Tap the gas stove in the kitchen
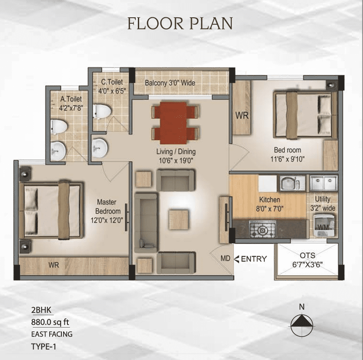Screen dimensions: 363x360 262,229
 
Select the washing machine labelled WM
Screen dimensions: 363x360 324,225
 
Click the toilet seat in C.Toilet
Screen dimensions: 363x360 102,112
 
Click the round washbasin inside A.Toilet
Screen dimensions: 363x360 58,151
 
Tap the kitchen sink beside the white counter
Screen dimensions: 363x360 290,183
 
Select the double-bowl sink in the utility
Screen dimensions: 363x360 324,183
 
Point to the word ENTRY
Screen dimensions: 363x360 254,259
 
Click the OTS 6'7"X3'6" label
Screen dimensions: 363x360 307,260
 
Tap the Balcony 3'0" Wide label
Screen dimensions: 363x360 170,83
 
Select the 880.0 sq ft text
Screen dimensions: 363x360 50,322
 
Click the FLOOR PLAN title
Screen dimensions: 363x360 180,23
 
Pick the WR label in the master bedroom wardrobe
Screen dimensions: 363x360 54,265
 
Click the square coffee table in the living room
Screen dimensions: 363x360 178,219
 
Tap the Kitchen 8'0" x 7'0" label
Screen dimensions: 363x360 270,204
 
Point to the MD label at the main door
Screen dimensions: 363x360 225,258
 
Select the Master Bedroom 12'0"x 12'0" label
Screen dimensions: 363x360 107,211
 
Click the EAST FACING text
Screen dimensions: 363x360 52,334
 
